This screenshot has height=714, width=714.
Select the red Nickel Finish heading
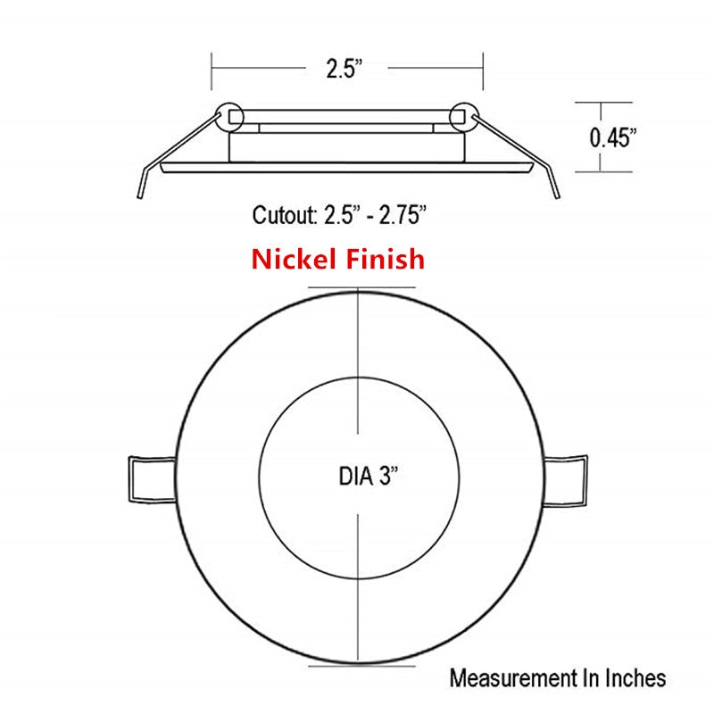(337, 259)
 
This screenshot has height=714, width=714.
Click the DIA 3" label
(368, 476)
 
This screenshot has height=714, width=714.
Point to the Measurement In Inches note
(557, 677)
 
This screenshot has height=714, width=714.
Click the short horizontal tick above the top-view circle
(361, 287)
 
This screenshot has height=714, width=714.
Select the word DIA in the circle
(354, 476)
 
